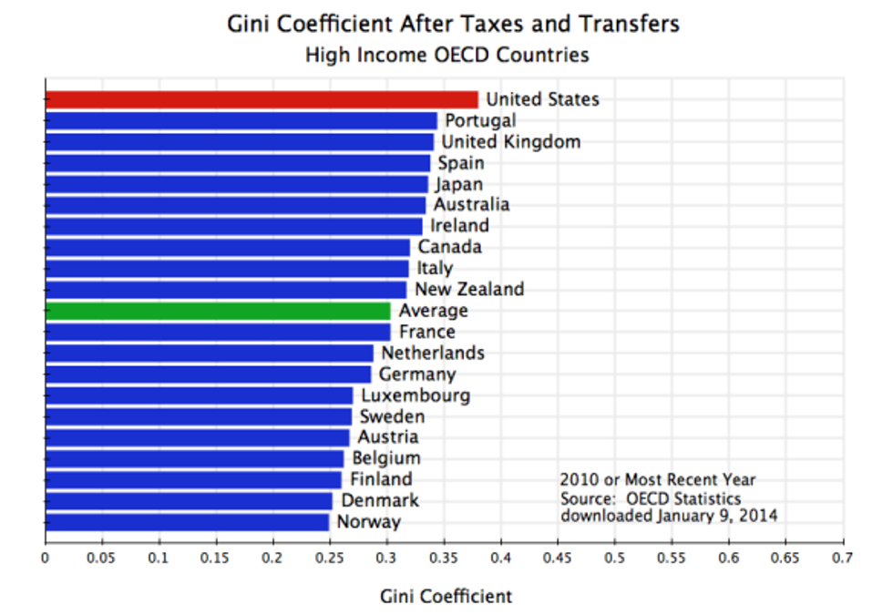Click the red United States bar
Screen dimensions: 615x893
click(262, 99)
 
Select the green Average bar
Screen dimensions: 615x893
click(217, 311)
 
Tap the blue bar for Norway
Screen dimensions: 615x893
click(187, 522)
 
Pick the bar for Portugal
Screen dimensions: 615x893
click(241, 120)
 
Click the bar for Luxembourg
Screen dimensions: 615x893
click(199, 395)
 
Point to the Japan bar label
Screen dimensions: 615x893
click(458, 184)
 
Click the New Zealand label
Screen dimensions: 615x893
click(469, 290)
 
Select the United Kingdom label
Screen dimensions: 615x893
click(510, 142)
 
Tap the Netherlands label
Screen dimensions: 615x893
click(433, 353)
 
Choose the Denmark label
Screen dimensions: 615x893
click(380, 500)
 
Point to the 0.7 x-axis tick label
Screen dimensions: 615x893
click(843, 556)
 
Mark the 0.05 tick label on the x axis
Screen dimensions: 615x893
click(102, 556)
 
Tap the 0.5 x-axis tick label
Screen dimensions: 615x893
click(615, 556)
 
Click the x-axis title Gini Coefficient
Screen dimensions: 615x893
click(446, 597)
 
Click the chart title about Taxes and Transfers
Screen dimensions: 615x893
click(453, 24)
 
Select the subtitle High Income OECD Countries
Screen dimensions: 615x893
click(446, 55)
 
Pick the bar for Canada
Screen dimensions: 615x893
click(228, 247)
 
